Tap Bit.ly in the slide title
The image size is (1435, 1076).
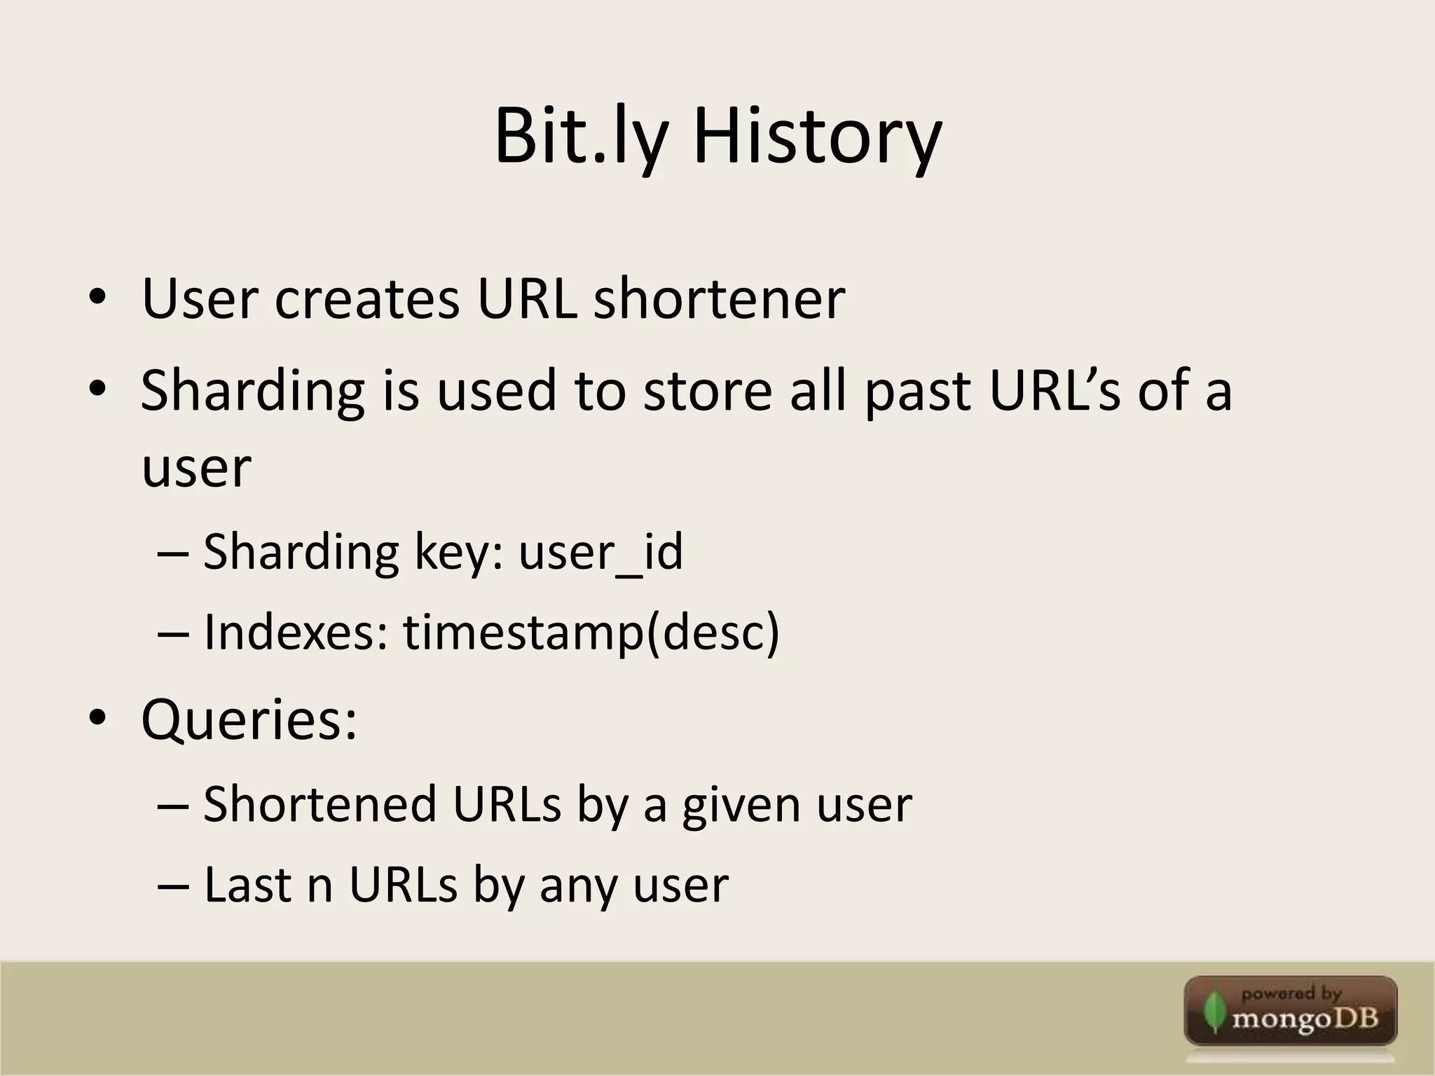pyautogui.click(x=580, y=137)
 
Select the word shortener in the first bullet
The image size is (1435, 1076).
pyautogui.click(x=719, y=300)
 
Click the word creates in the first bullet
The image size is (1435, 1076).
pyautogui.click(x=366, y=300)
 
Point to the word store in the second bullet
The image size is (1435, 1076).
pyautogui.click(x=708, y=390)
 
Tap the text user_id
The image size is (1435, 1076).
pyautogui.click(x=600, y=552)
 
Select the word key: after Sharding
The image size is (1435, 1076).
pyautogui.click(x=459, y=552)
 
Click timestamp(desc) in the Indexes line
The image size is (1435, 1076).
pyautogui.click(x=591, y=633)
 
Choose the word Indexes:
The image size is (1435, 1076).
pyautogui.click(x=296, y=633)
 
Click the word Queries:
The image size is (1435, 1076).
pyautogui.click(x=249, y=720)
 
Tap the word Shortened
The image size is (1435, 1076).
pyautogui.click(x=320, y=804)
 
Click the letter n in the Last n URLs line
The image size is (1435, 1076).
pyautogui.click(x=320, y=885)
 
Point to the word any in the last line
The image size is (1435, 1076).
pyautogui.click(x=578, y=885)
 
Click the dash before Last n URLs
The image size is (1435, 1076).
pyautogui.click(x=173, y=885)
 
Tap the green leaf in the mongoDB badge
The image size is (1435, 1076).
pyautogui.click(x=1211, y=1013)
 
